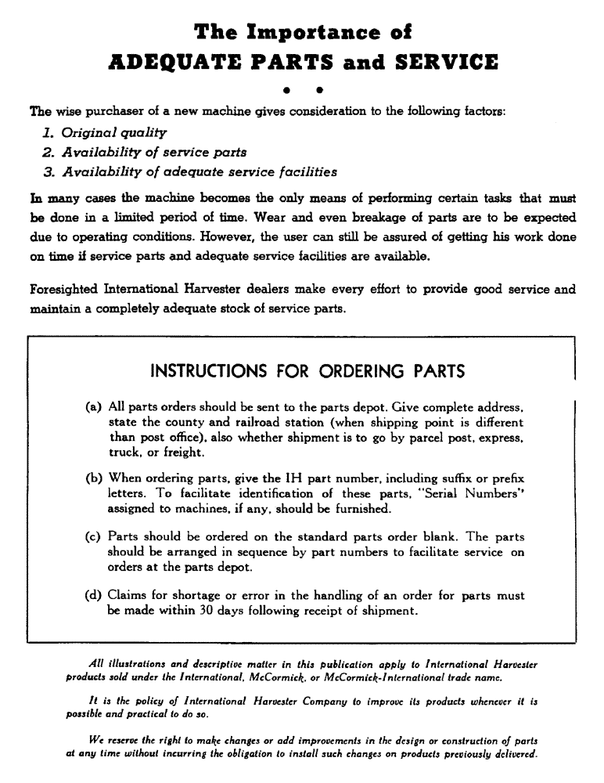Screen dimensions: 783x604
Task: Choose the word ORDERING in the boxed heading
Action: [354, 370]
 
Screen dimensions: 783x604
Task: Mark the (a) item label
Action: [92, 409]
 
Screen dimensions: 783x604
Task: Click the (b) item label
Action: [92, 478]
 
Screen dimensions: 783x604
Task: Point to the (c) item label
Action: [92, 538]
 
